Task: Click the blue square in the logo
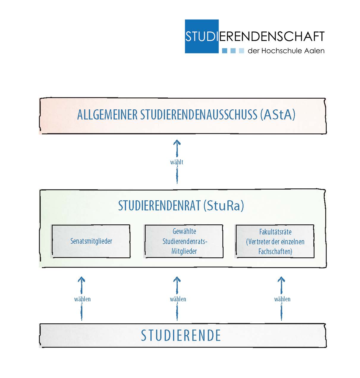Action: tap(202, 36)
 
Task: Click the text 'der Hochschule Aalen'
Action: tap(286, 51)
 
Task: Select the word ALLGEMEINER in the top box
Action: tap(107, 115)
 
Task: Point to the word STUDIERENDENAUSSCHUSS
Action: tap(199, 115)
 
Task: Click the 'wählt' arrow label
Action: tap(177, 162)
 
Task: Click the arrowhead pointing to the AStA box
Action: tap(177, 142)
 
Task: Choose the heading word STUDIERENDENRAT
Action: tap(160, 206)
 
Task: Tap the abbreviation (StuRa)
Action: tap(224, 206)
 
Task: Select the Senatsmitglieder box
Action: tap(91, 241)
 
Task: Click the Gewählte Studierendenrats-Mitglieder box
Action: tap(184, 241)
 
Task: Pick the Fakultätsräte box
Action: tap(275, 241)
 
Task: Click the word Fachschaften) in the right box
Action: tap(275, 251)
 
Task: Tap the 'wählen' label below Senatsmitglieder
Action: tap(82, 299)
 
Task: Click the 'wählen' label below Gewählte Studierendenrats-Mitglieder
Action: tap(178, 299)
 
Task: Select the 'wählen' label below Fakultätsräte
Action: tap(282, 299)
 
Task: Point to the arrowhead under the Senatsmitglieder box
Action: tap(81, 279)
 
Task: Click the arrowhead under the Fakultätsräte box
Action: tap(281, 279)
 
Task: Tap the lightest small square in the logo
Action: tap(241, 51)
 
